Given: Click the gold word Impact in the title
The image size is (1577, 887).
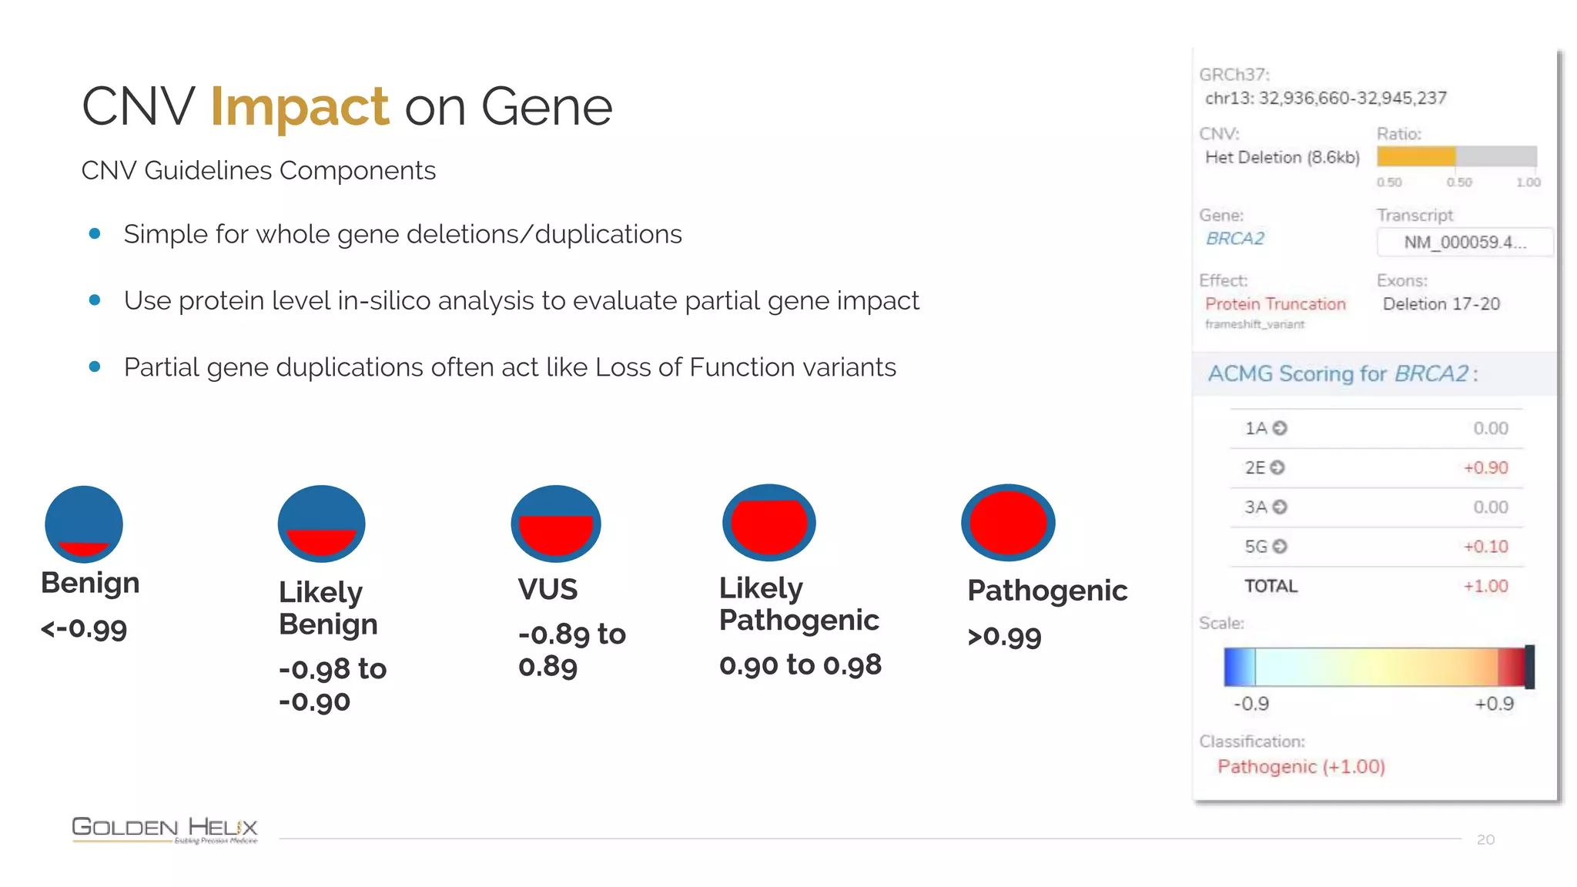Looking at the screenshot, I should coord(299,107).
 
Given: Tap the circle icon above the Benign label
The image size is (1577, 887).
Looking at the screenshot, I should coord(84,524).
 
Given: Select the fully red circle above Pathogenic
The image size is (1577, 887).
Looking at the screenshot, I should coord(1008,523).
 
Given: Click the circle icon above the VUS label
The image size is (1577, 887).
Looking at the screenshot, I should coord(555,524).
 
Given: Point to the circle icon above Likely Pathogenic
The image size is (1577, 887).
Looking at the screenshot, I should coord(768,523).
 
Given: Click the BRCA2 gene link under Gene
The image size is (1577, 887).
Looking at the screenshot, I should coord(1234,239).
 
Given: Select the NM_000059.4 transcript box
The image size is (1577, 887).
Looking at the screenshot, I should coord(1464,243).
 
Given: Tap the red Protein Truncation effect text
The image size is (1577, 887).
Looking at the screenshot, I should coord(1275,304).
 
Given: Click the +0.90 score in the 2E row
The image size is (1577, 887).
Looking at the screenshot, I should coord(1485,468).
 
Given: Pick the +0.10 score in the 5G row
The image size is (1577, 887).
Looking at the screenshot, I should coord(1485,547).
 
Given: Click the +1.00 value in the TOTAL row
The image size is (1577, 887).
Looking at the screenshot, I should coord(1485,586).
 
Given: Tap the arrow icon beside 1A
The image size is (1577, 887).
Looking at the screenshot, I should coord(1280,428).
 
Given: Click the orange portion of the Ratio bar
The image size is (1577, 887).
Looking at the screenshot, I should coord(1415,156).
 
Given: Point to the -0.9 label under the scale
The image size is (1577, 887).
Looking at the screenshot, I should coord(1251,704).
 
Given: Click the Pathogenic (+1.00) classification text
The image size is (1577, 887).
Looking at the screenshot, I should coord(1301,767).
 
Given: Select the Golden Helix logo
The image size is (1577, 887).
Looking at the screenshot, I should coord(164,829).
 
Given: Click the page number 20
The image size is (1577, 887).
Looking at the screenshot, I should coord(1485,840).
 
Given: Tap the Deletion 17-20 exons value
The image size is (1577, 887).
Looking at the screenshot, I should coord(1441,304).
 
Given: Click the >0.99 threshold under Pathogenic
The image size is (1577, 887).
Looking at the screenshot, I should coord(1004,637).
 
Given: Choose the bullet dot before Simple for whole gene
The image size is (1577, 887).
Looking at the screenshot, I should coord(95,234).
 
